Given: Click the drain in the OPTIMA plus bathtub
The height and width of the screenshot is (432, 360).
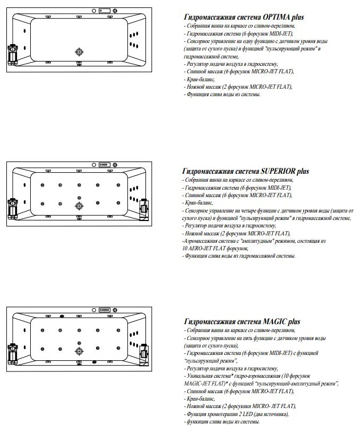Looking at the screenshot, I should [80, 52].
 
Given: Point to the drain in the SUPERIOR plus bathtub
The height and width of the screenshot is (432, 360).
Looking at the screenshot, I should [80, 206].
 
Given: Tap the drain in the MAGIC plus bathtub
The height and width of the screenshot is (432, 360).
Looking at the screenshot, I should [80, 351].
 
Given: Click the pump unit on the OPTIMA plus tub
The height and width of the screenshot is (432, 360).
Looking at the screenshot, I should [13, 53].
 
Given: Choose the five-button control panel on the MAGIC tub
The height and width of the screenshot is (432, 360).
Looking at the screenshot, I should [104, 310].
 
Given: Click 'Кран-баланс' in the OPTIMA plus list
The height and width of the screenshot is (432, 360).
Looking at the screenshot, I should [199, 79].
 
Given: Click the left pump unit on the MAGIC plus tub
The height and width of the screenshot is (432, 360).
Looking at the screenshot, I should [13, 353].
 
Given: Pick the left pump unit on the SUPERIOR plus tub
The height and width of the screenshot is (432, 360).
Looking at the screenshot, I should [13, 207].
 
